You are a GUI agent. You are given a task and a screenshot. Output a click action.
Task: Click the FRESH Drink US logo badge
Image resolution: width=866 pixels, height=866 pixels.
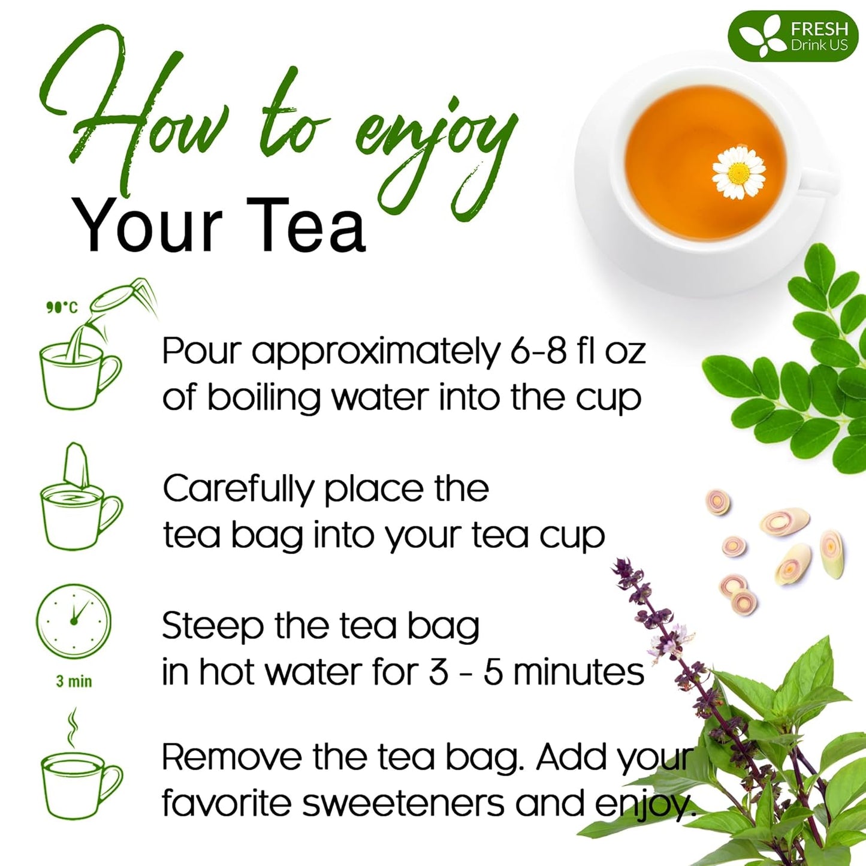pyautogui.click(x=792, y=36)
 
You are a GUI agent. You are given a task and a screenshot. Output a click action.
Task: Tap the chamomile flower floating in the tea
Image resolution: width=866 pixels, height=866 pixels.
pyautogui.click(x=738, y=173)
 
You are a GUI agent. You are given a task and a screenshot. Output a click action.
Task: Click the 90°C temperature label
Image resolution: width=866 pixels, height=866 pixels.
pyautogui.click(x=62, y=307)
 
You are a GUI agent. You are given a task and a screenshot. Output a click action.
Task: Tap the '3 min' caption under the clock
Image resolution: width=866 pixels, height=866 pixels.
pyautogui.click(x=74, y=681)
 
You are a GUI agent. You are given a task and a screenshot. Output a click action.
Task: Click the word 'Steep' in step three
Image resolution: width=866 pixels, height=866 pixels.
pyautogui.click(x=213, y=627)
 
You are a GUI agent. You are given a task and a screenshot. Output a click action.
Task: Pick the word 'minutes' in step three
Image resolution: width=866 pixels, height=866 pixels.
pyautogui.click(x=578, y=672)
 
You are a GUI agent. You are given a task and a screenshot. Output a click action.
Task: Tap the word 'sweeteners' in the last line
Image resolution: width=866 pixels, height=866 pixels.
pyautogui.click(x=403, y=804)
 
